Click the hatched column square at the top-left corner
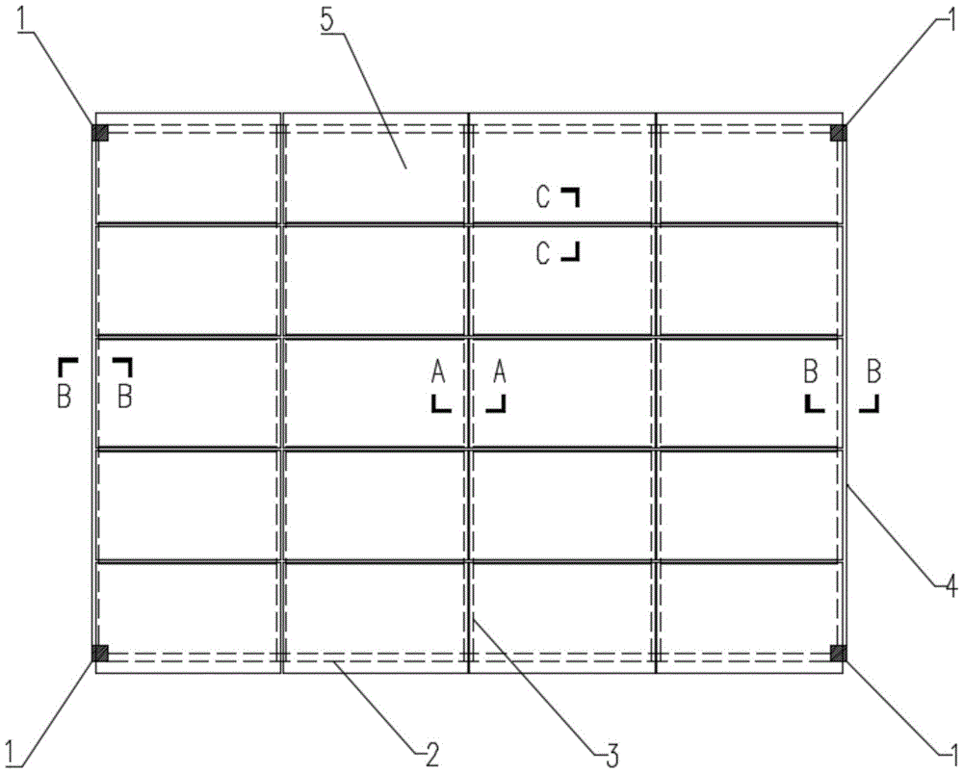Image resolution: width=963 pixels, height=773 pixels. pos(100,133)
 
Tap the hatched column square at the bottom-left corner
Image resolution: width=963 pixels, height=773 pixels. pos(100,654)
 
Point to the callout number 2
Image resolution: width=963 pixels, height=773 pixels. pos(432,755)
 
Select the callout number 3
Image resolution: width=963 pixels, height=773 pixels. pos(612,755)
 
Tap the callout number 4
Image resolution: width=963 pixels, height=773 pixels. pos(950,587)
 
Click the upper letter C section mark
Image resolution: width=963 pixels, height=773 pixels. pos(543,197)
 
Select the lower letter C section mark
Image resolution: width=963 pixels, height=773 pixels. pos(543,253)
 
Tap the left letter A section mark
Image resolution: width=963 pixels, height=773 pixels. pos(438,372)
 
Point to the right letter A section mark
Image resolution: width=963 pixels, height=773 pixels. pos(500,372)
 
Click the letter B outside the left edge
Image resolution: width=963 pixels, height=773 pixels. pos(64,396)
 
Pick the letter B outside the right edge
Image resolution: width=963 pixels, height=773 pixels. pos(873,372)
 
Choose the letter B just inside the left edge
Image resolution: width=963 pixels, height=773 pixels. pos(124,396)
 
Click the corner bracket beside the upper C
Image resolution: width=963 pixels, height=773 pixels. pos(570,196)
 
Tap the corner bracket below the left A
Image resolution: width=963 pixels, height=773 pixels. pos(441,403)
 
